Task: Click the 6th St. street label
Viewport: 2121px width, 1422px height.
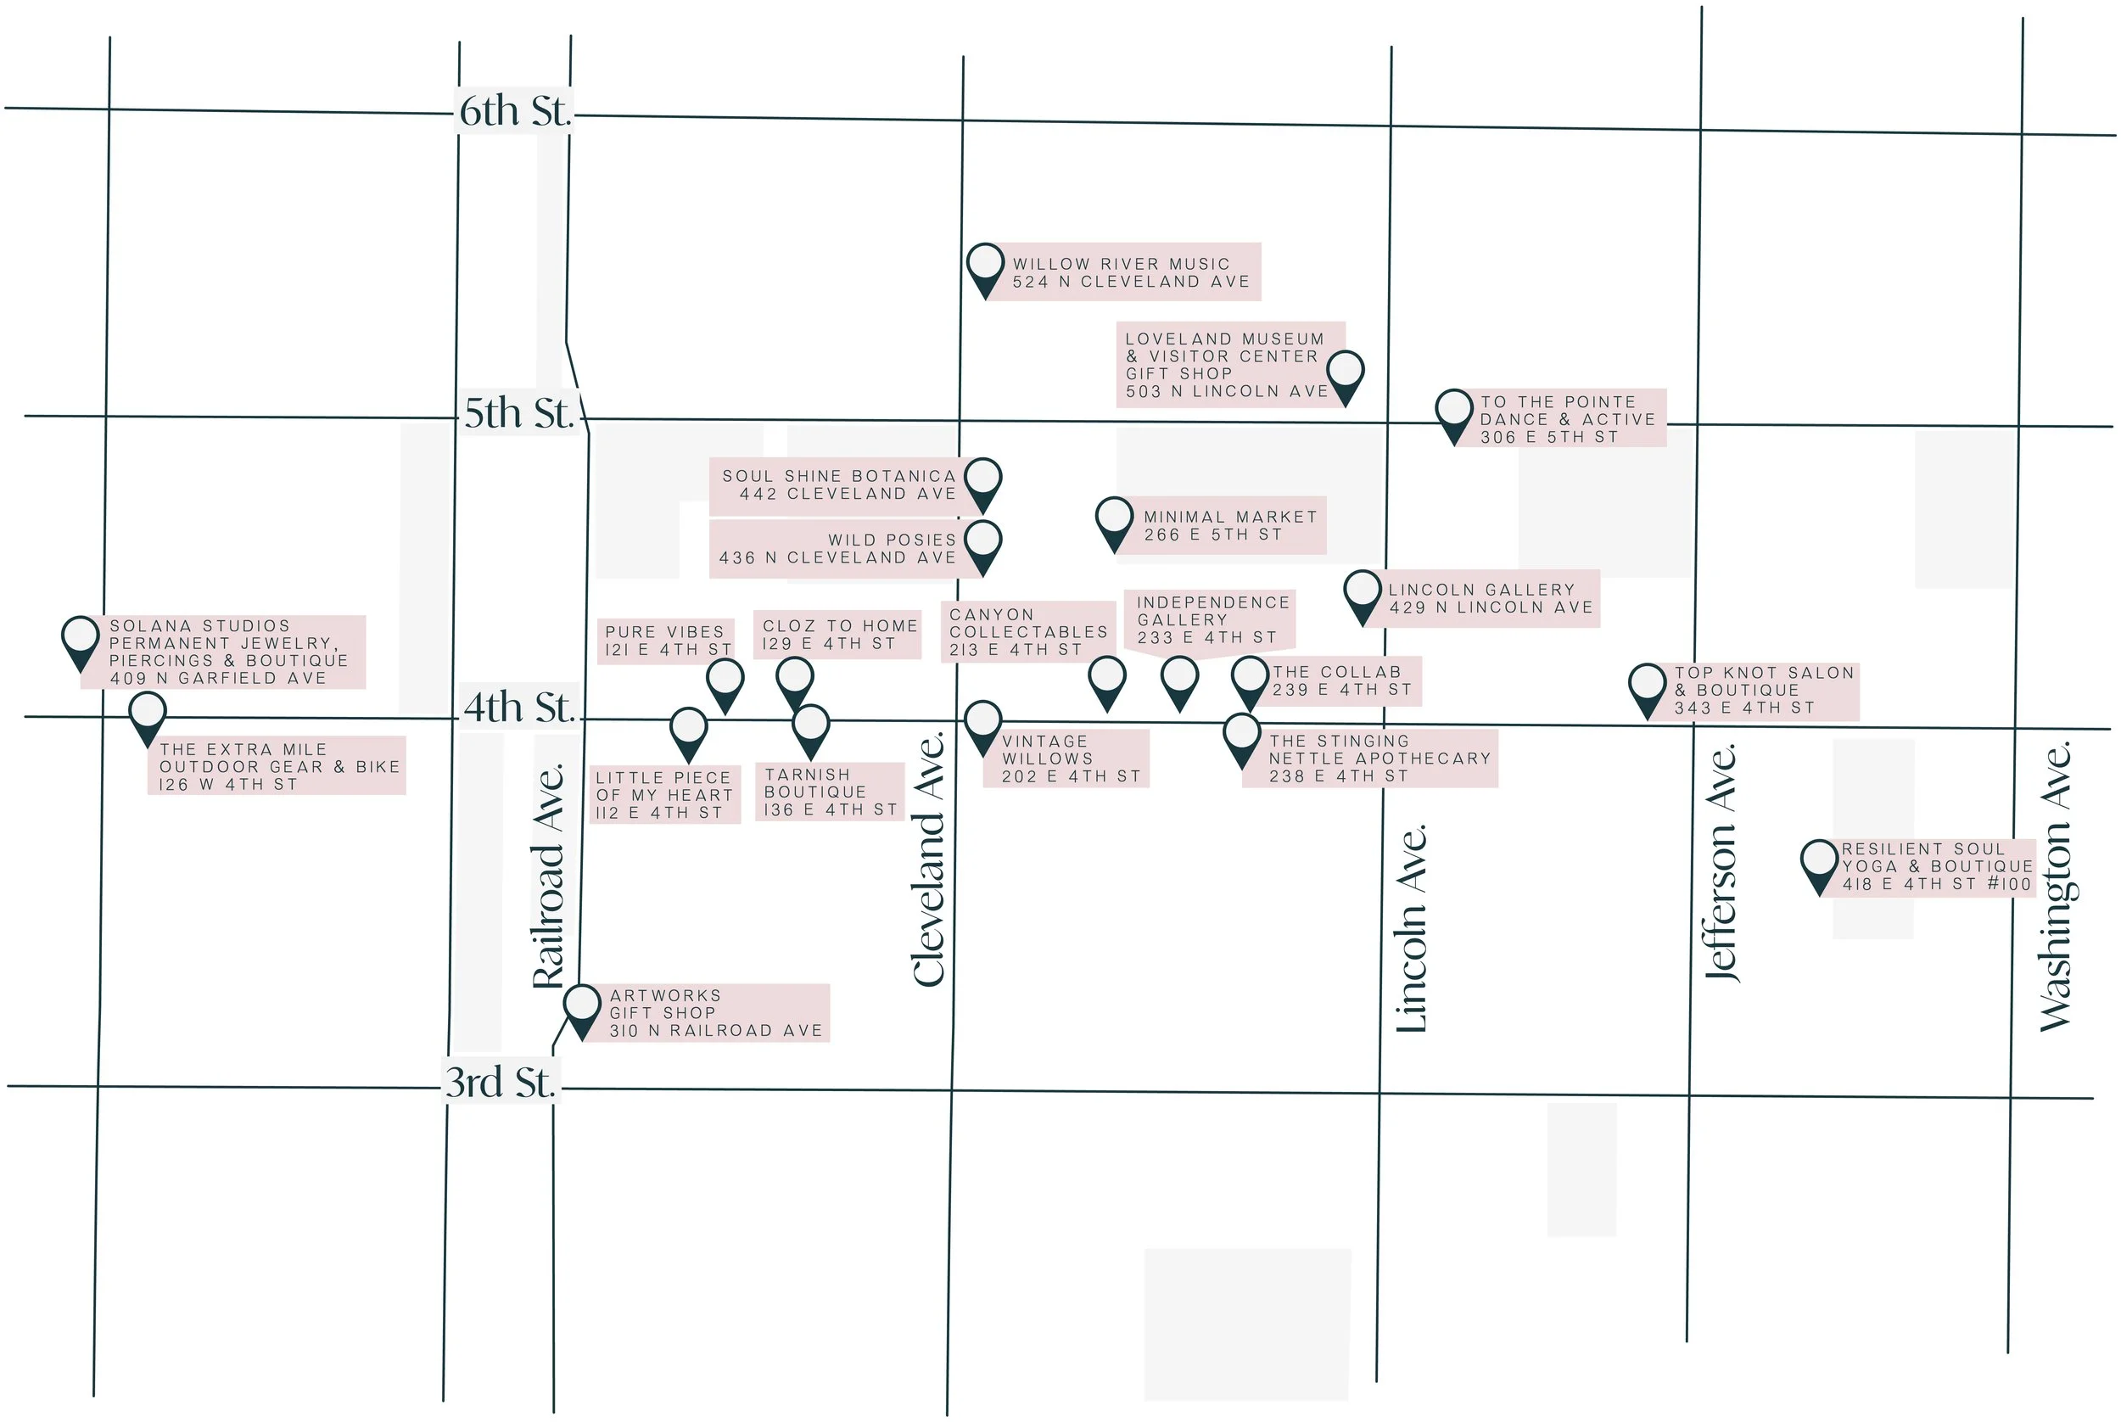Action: [x=514, y=111]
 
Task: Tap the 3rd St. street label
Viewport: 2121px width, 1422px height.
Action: [x=500, y=1083]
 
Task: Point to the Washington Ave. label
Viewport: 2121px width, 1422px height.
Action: [x=2055, y=887]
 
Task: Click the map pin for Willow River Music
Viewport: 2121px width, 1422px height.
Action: [x=985, y=266]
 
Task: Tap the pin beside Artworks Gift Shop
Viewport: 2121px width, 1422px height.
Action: [x=581, y=1006]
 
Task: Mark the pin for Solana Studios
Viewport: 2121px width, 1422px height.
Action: [x=80, y=638]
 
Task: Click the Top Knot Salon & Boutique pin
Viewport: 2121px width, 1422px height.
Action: [x=1647, y=686]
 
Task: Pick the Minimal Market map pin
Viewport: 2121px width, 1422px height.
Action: [x=1114, y=519]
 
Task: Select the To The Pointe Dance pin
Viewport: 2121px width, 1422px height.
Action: [x=1453, y=411]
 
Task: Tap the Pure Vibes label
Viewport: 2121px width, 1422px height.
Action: [x=667, y=641]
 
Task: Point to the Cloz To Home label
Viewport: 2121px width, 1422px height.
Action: [x=839, y=635]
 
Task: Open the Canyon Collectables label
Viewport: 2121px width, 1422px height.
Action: [x=1027, y=632]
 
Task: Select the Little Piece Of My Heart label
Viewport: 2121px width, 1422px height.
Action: [x=664, y=795]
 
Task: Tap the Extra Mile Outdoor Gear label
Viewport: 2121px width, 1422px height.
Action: [x=277, y=767]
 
